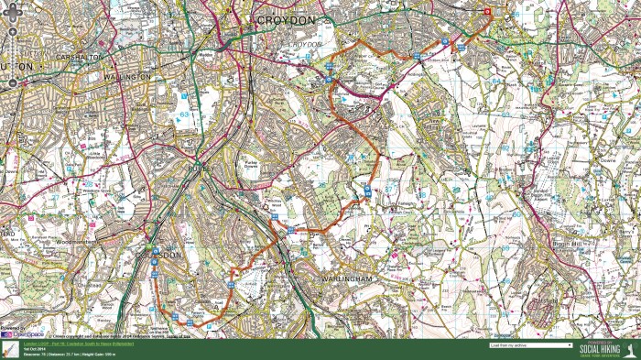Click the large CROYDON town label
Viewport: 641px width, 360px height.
coord(284,18)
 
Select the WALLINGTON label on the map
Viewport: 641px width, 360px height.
coord(127,77)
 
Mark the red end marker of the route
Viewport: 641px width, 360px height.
coord(487,12)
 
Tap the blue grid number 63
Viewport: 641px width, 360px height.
coord(184,115)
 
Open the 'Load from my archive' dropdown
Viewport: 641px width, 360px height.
coord(531,345)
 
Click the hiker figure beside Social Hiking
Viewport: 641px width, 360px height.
coord(632,349)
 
